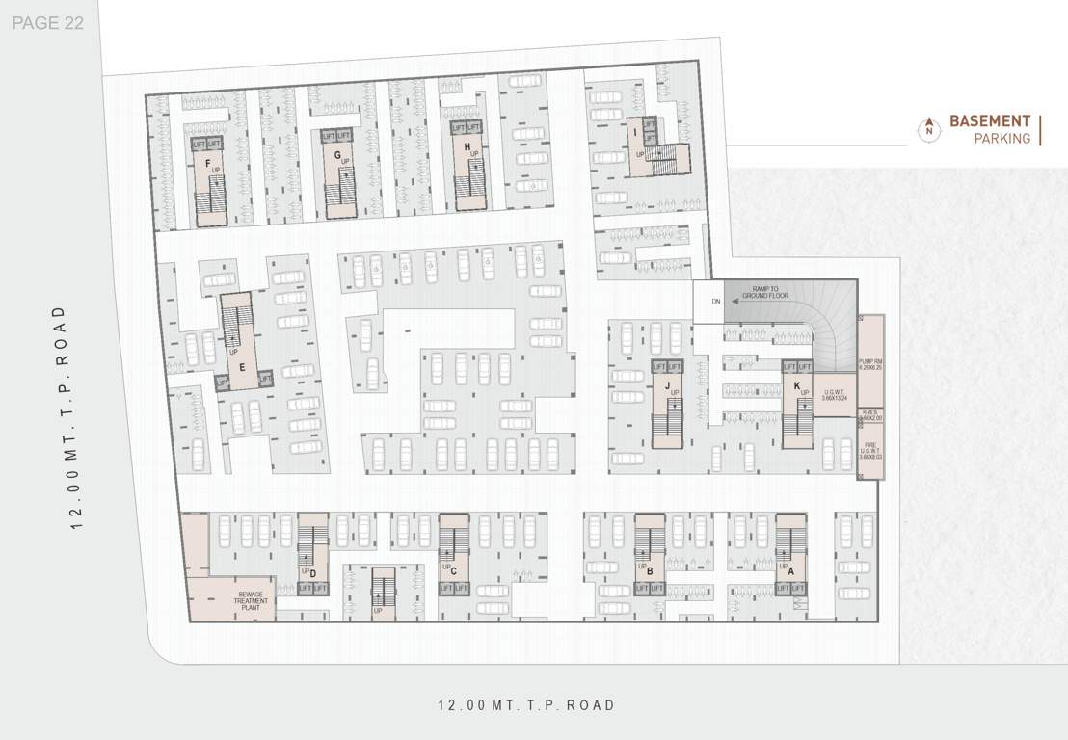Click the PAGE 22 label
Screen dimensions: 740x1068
point(48,23)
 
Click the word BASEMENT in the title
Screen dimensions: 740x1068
point(990,121)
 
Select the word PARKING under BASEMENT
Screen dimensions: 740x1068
point(1001,139)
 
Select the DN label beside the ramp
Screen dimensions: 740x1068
point(716,302)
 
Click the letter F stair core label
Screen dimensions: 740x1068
point(207,163)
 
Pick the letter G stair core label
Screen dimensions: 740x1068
point(337,155)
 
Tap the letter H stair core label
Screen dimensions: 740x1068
point(467,147)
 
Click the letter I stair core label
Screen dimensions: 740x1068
point(635,134)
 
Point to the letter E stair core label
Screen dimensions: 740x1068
point(243,367)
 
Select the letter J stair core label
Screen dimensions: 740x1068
point(667,385)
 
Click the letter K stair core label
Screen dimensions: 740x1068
point(797,385)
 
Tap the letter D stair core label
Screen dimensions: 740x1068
point(313,574)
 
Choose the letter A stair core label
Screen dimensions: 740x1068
point(791,570)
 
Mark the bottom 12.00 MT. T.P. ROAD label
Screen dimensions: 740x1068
point(526,705)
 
